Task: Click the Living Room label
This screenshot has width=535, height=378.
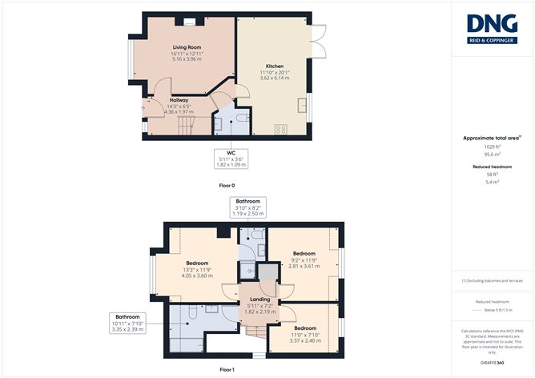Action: coord(185,48)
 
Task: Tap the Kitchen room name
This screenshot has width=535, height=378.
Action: coord(275,66)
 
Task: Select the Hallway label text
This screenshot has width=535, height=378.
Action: coord(179,100)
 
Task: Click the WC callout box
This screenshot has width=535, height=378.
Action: coord(231,159)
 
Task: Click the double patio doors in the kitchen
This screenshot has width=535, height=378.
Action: coord(319,42)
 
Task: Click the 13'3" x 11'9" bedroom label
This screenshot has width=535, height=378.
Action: coord(197,263)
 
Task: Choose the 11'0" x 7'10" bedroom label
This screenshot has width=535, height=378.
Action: coord(304,328)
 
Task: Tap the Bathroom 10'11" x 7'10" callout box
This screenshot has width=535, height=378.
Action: coord(127,322)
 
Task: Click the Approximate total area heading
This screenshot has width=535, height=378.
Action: coord(491,138)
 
